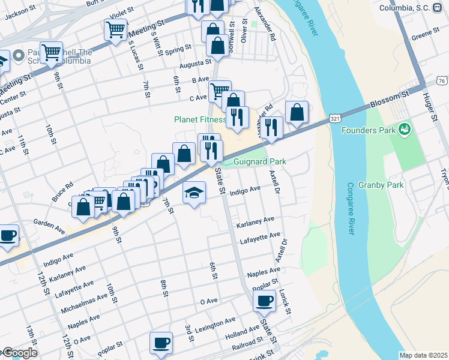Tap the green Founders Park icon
[405, 129]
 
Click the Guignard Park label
[259, 161]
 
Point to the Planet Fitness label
[200, 119]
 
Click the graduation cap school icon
[193, 193]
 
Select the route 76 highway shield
[442, 80]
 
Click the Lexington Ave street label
[215, 324]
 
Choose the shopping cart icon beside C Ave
[220, 91]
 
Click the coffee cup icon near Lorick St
[264, 301]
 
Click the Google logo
[19, 353]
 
